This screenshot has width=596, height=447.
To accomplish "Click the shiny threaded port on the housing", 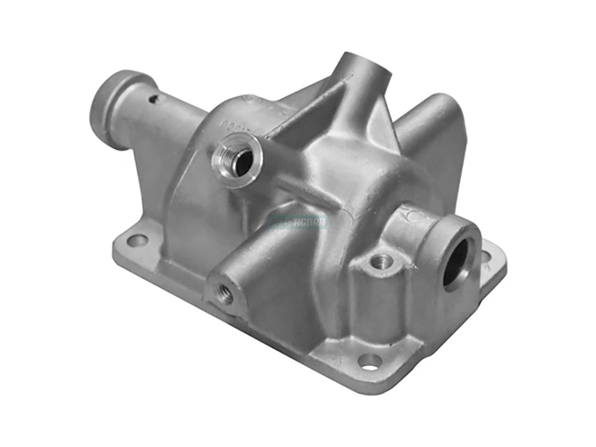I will (x=237, y=159).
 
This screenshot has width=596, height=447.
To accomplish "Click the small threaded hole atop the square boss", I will (x=382, y=260).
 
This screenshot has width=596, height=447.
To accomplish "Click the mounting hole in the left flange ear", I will (x=138, y=241).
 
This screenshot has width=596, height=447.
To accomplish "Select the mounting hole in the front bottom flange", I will (x=370, y=362).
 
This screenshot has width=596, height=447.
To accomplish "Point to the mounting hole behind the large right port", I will (x=486, y=257).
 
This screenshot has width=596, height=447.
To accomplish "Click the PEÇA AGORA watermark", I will (x=298, y=222).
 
